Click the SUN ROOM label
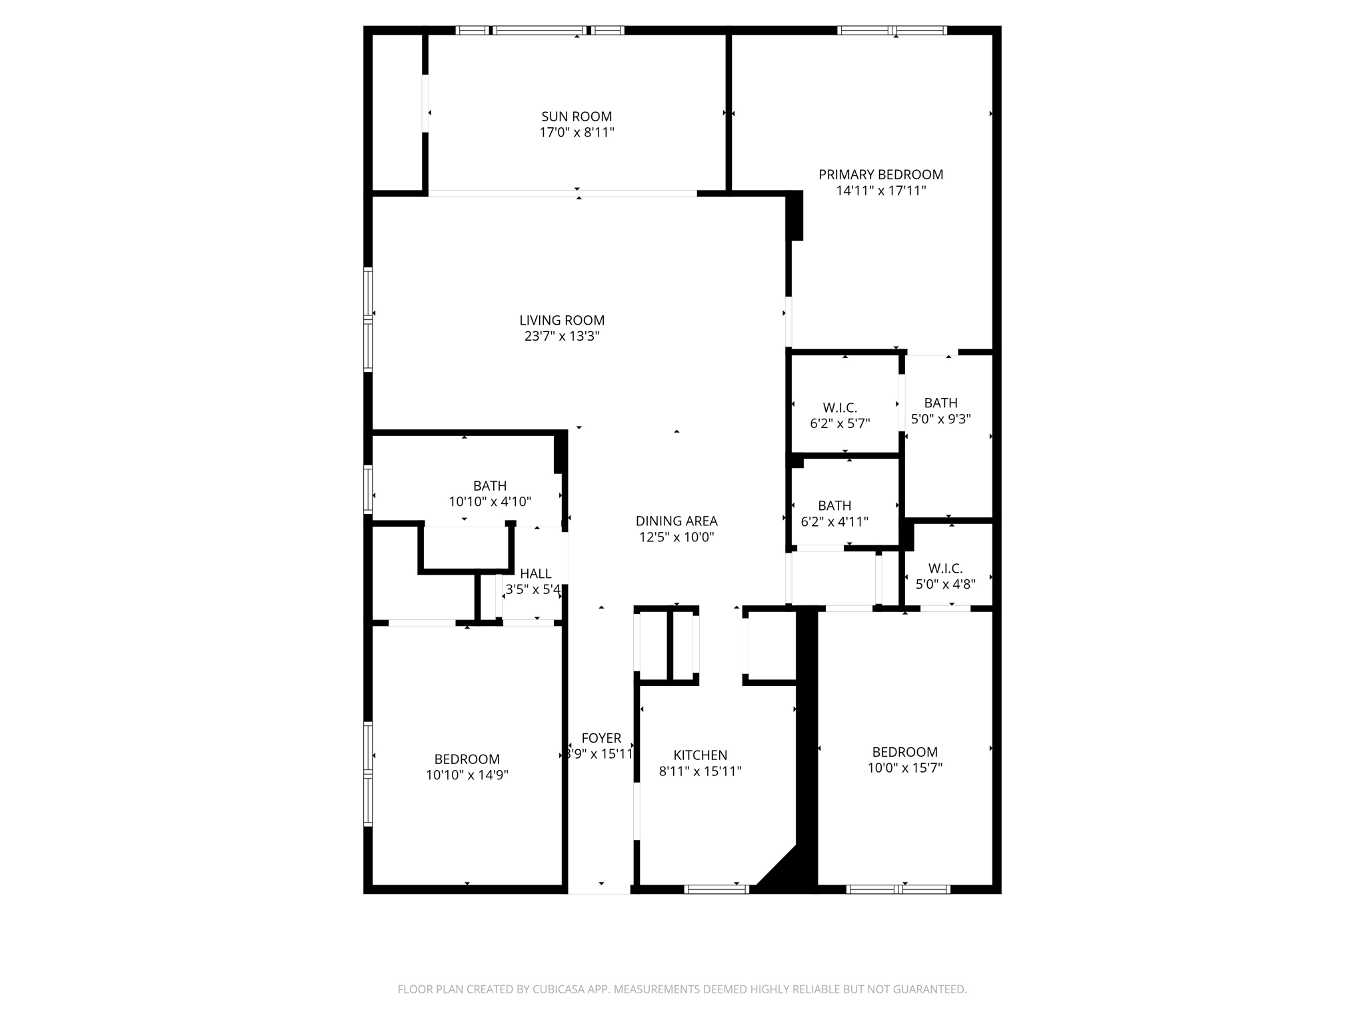tap(577, 117)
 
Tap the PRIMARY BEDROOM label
tap(880, 175)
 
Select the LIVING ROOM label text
tap(562, 321)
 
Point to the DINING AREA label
tap(677, 521)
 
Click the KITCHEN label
tap(700, 755)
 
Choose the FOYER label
tap(601, 738)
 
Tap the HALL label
tap(535, 573)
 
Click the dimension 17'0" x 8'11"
tap(577, 133)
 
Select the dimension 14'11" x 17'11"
tap(880, 191)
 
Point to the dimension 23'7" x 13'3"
tap(562, 337)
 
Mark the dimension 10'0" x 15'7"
tap(904, 768)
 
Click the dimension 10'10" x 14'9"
tap(467, 775)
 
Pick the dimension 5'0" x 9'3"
tap(940, 419)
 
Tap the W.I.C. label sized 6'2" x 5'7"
tap(840, 407)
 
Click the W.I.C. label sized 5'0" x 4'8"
tap(945, 569)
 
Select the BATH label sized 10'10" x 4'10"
tap(490, 486)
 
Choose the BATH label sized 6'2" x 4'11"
tap(834, 506)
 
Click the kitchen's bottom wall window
tap(717, 889)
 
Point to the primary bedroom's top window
tap(892, 30)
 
